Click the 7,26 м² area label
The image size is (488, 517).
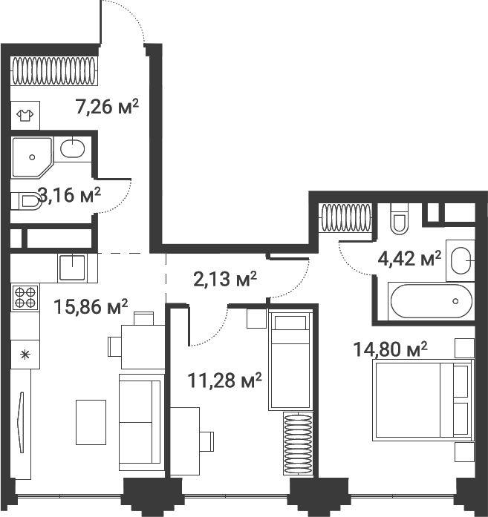pyautogui.click(x=108, y=107)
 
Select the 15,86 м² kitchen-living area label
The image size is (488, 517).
pyautogui.click(x=91, y=305)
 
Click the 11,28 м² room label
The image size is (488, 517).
pyautogui.click(x=224, y=381)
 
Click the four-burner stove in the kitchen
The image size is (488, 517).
pyautogui.click(x=25, y=297)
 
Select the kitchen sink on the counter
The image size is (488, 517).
pyautogui.click(x=73, y=267)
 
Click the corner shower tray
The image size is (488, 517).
pyautogui.click(x=30, y=156)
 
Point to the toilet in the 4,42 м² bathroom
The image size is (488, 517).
pyautogui.click(x=400, y=217)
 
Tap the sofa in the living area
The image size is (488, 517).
pyautogui.click(x=140, y=421)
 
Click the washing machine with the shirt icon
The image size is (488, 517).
pyautogui.click(x=25, y=116)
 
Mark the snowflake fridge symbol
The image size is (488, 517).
pyautogui.click(x=25, y=354)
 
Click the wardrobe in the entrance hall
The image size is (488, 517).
pyautogui.click(x=55, y=71)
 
